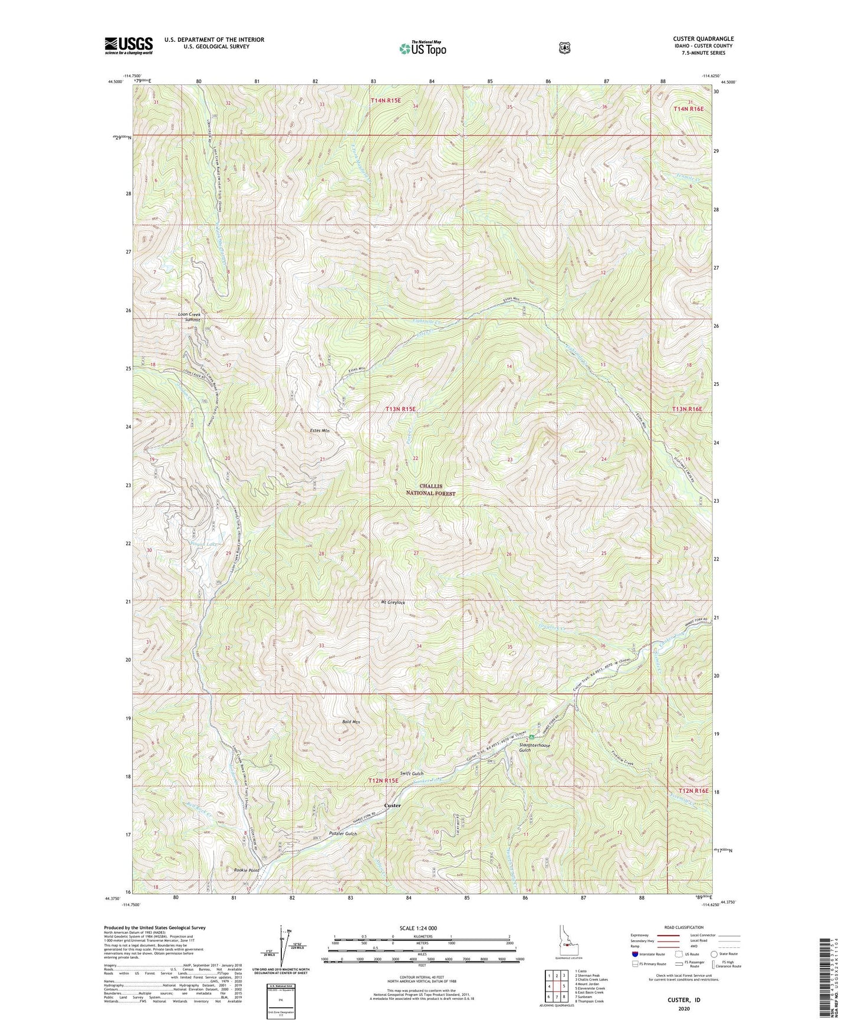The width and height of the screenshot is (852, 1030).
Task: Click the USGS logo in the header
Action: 129,45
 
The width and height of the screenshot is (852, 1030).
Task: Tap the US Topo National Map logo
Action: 422,48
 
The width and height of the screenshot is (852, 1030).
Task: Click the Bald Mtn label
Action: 351,721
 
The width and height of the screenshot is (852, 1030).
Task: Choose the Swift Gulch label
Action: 412,773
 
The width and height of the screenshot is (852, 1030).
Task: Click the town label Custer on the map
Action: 392,805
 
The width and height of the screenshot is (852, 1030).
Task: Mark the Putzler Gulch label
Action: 343,834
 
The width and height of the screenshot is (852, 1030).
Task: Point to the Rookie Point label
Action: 246,870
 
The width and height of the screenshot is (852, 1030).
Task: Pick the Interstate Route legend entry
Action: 647,954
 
